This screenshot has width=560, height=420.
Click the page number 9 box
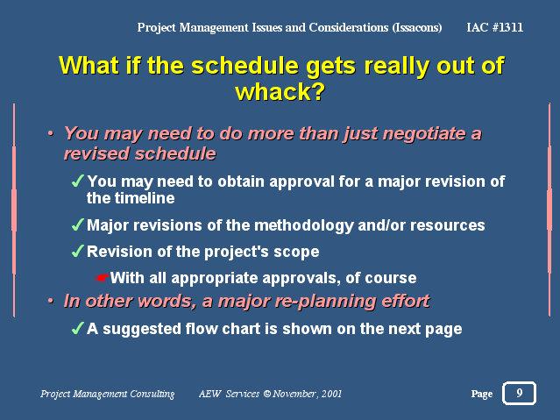point(519,393)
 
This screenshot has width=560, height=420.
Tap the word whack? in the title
point(280,92)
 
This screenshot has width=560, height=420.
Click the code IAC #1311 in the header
point(494,27)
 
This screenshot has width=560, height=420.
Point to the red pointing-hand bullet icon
point(102,278)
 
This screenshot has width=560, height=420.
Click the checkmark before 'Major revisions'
point(77,224)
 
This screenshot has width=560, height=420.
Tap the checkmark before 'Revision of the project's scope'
point(77,251)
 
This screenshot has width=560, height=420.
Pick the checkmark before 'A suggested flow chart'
point(77,328)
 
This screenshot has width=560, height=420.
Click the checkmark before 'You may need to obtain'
point(77,181)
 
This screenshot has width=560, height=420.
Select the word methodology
point(303,226)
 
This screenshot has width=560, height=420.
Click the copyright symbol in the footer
point(267,394)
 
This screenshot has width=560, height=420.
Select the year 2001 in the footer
point(331,394)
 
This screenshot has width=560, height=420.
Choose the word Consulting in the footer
point(152,394)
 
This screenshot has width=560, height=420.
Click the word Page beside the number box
point(482,394)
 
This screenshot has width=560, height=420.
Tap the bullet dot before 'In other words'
point(51,301)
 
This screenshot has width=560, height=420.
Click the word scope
point(296,253)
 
